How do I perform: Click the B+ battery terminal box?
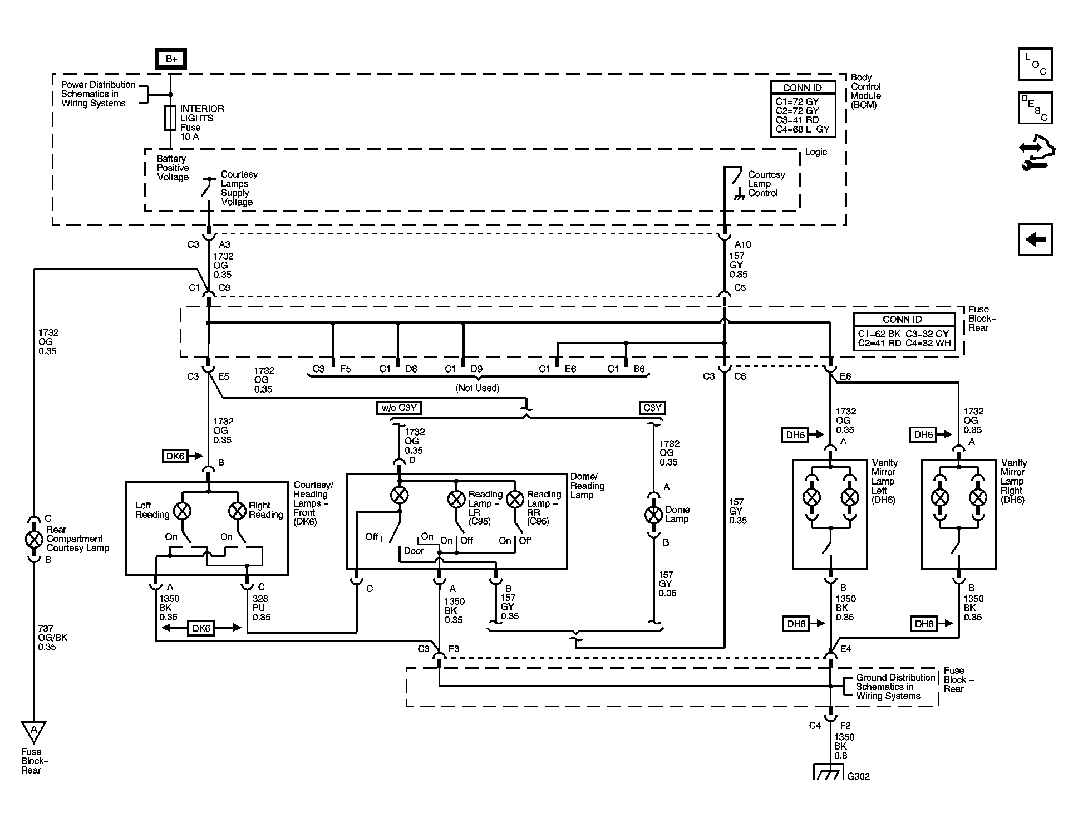(171, 59)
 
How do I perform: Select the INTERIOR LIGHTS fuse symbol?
(170, 119)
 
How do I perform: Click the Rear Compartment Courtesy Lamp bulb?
(35, 539)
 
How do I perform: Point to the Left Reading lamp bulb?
(183, 511)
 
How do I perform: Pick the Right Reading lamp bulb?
(238, 511)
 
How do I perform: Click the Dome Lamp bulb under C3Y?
(653, 515)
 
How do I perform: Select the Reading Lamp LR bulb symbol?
(456, 499)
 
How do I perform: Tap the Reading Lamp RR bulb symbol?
(515, 499)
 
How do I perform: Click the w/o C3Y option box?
(398, 408)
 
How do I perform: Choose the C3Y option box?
(652, 408)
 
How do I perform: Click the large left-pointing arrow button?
(1035, 240)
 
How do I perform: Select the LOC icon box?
(1035, 64)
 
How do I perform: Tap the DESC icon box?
(1035, 107)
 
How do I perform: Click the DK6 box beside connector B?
(175, 456)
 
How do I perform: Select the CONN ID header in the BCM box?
(802, 87)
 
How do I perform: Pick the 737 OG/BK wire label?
(53, 638)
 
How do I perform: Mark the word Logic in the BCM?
(816, 152)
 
